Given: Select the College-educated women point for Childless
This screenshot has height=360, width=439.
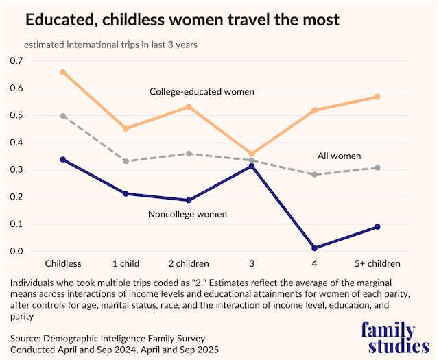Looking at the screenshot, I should [63, 72].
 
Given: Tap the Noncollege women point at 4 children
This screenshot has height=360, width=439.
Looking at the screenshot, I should [314, 248].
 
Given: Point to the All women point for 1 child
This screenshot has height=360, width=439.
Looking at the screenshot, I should [126, 161].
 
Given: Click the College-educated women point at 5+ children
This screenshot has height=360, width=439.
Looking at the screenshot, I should [377, 97].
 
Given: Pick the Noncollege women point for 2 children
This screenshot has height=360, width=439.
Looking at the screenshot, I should [189, 200].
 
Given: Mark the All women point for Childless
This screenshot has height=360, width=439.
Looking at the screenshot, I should [63, 116].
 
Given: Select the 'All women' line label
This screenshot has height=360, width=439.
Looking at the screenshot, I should [339, 156].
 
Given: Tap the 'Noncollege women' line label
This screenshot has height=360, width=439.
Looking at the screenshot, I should [187, 215].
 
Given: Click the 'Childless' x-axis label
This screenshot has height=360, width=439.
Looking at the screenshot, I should [63, 263].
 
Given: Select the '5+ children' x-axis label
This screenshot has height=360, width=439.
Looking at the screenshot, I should [377, 263].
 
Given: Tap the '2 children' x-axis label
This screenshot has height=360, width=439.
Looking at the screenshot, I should [189, 263].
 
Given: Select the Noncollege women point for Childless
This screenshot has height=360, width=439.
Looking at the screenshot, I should [63, 159].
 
